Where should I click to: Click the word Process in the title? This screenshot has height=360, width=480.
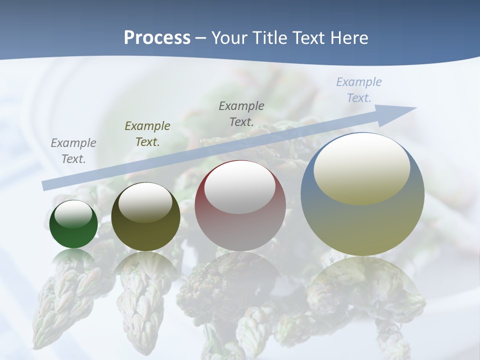click(x=157, y=38)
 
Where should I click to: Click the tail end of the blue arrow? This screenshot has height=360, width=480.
click(x=46, y=185)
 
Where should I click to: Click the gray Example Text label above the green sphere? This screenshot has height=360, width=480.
click(x=73, y=151)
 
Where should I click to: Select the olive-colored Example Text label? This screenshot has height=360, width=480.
click(x=147, y=134)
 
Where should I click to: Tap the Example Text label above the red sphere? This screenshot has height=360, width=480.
click(x=241, y=114)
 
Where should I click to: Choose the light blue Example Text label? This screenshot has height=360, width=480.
click(x=358, y=90)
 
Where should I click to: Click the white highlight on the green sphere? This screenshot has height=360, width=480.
click(x=73, y=214)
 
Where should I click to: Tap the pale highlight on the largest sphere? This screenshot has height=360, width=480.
click(x=362, y=168)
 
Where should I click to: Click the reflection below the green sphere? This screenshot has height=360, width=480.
click(x=73, y=260)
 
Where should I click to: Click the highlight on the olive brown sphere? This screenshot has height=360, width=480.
click(x=145, y=201)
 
